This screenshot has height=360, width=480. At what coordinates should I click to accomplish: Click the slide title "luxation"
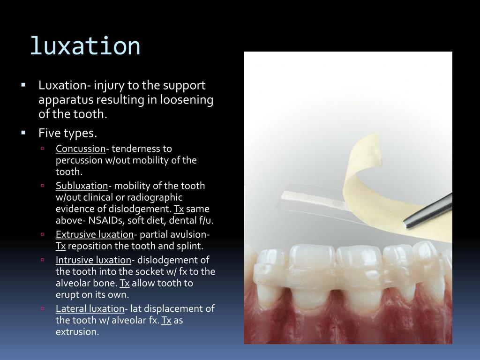click(x=85, y=46)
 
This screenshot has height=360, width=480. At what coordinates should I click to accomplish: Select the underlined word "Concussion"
click(x=81, y=149)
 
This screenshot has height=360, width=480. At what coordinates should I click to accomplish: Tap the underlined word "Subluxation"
click(x=82, y=186)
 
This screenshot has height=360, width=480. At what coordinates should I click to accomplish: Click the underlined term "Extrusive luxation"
click(x=95, y=234)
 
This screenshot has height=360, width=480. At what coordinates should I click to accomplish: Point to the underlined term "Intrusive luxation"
click(x=93, y=260)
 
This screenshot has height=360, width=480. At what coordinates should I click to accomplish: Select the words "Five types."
click(x=67, y=133)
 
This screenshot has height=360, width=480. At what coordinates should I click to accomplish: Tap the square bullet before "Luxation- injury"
click(x=23, y=85)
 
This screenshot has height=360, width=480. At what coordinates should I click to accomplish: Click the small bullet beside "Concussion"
click(x=42, y=149)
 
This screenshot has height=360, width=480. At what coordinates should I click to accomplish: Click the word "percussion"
click(x=77, y=160)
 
